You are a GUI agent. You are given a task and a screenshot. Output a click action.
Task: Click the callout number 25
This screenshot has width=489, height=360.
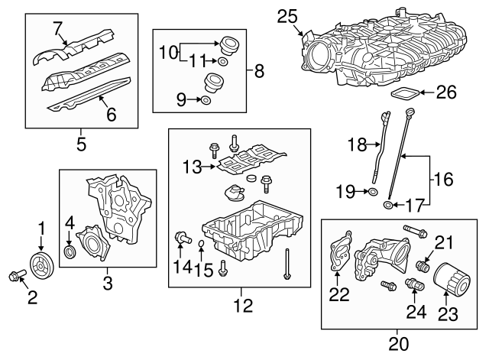(x=287, y=16)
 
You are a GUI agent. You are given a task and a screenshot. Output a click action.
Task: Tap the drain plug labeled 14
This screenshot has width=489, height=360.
(x=182, y=236)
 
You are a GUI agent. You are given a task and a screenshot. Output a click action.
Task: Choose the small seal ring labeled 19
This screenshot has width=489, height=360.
(x=371, y=192)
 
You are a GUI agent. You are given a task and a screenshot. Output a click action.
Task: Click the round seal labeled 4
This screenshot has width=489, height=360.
(x=70, y=251)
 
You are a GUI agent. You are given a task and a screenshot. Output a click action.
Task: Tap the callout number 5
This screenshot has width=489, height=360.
(x=81, y=142)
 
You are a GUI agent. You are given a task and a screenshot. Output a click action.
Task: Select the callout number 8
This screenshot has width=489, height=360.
(x=259, y=73)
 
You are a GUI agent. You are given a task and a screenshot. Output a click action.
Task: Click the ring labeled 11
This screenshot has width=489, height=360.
(x=222, y=60)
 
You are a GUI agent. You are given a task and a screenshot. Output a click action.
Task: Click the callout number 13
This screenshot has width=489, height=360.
(x=191, y=166)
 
